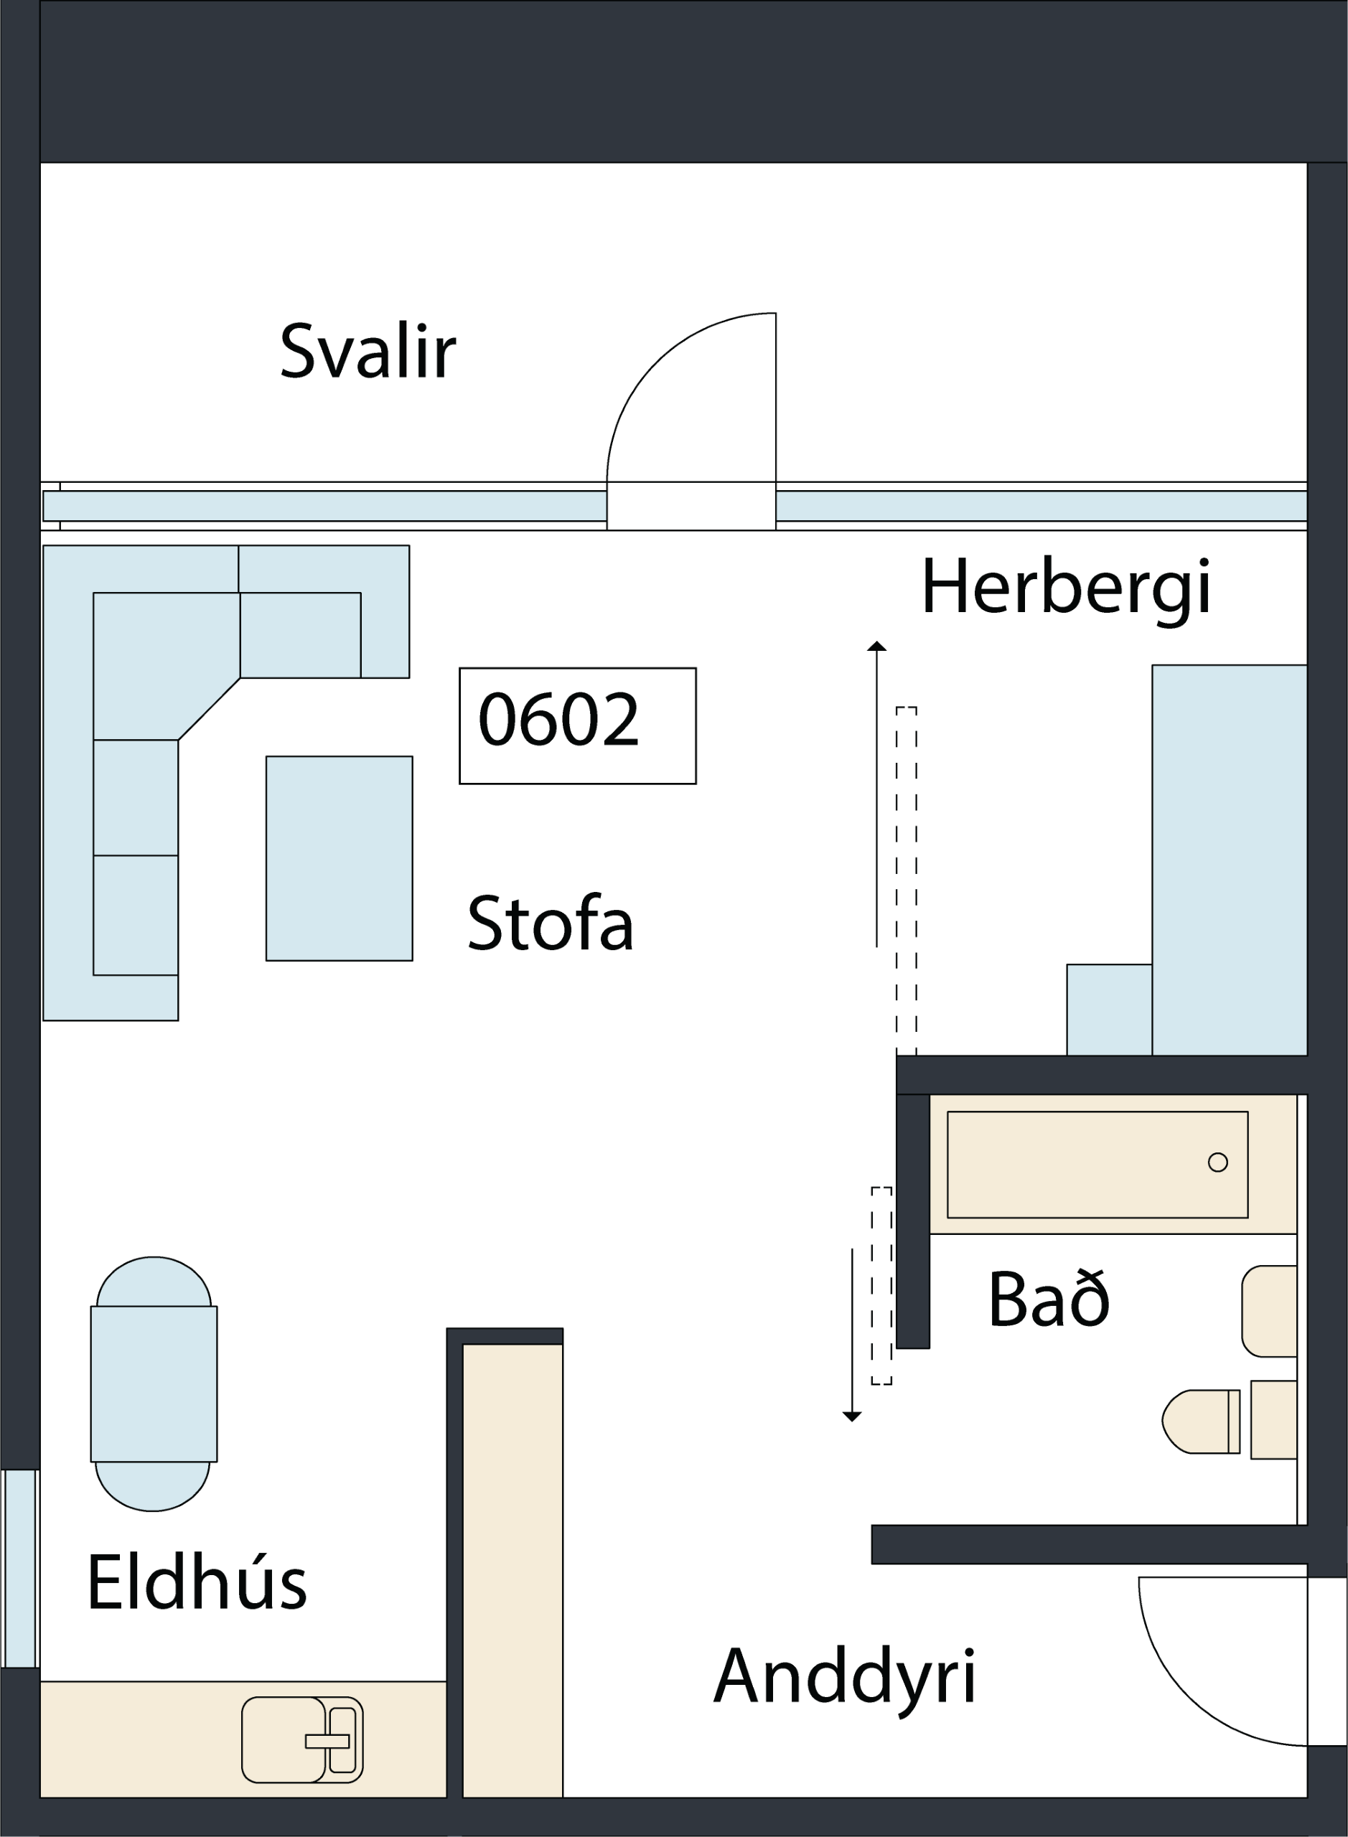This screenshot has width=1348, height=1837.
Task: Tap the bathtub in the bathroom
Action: click(x=1097, y=1164)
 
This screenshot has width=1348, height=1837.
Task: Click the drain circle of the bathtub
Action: click(x=1217, y=1162)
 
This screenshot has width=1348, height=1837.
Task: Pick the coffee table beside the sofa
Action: click(x=340, y=858)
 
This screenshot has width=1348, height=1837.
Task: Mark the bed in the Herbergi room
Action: click(x=1230, y=860)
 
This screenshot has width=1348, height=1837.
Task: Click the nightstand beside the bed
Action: click(x=1110, y=1010)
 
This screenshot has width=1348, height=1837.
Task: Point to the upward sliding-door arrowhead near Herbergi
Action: click(x=876, y=646)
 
